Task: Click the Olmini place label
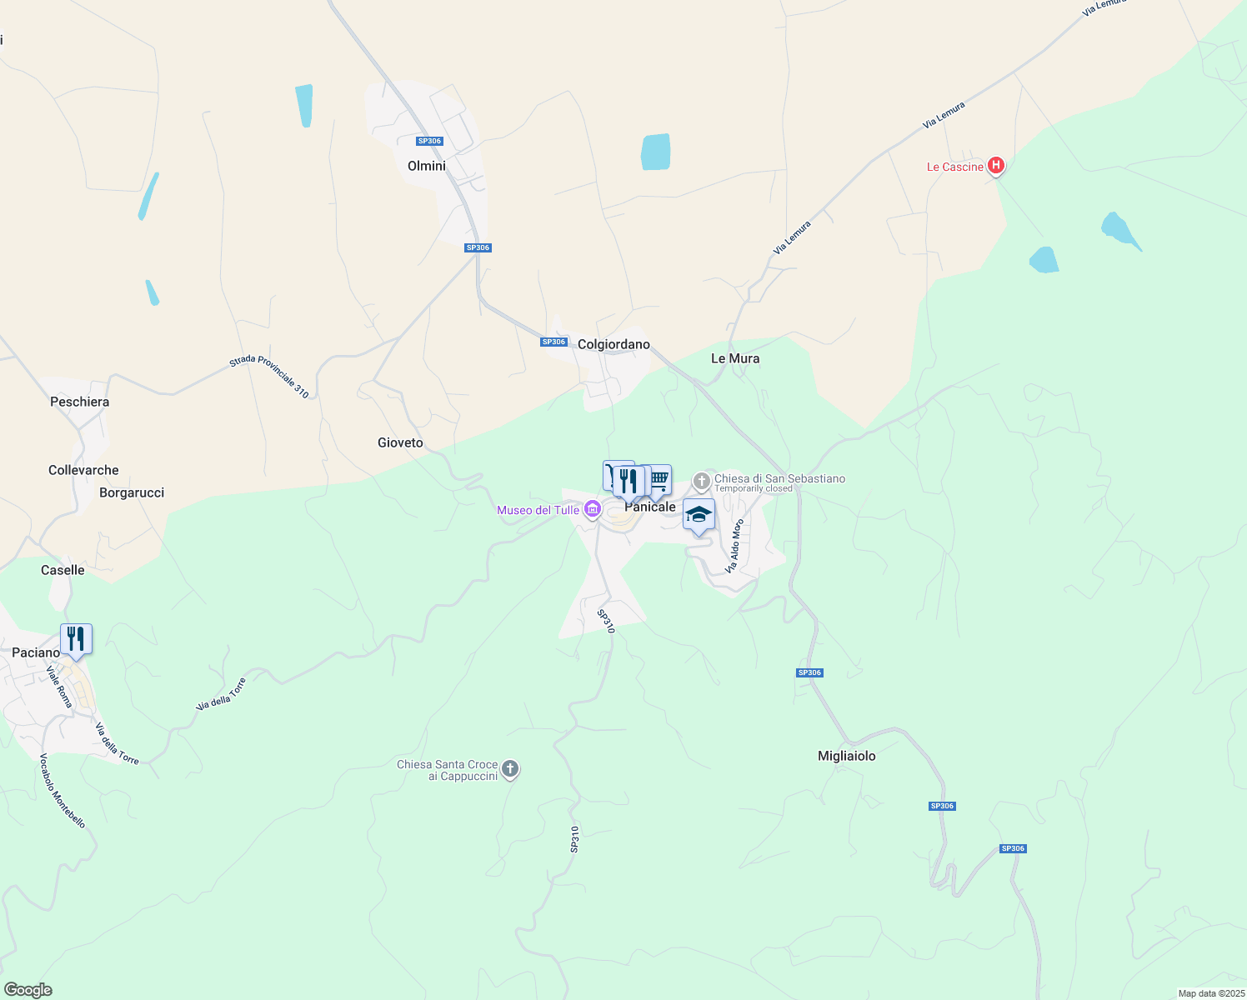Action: click(x=427, y=166)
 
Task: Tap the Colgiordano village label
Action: click(x=613, y=344)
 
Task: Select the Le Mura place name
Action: click(x=734, y=358)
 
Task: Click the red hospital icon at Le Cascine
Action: click(x=995, y=166)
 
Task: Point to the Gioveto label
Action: click(x=400, y=442)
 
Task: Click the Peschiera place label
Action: click(x=79, y=402)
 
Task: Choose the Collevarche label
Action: click(x=83, y=470)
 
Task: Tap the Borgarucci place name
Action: click(x=132, y=492)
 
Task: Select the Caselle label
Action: click(x=63, y=570)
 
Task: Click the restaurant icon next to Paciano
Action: click(x=76, y=639)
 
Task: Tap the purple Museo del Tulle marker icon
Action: click(x=592, y=509)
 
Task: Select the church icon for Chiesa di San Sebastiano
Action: click(x=702, y=480)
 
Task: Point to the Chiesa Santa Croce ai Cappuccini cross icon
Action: click(x=510, y=769)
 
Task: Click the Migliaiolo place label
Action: click(x=846, y=756)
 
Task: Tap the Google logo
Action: click(x=28, y=990)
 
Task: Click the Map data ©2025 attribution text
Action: click(x=1210, y=993)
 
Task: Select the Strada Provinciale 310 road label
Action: click(x=269, y=376)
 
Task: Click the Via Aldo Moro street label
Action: click(x=734, y=547)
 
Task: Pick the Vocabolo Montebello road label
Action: click(x=62, y=791)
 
